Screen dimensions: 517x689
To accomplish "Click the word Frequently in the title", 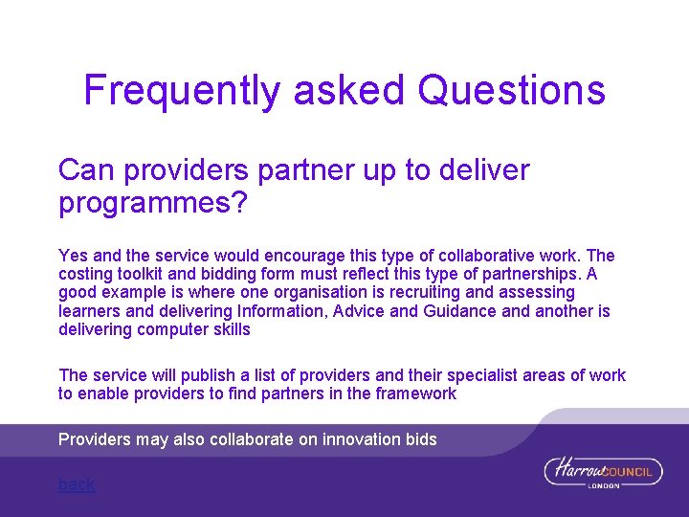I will click(x=183, y=91).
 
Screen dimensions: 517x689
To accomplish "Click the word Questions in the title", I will click(x=512, y=90).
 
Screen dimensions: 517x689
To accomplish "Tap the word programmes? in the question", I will click(x=153, y=204).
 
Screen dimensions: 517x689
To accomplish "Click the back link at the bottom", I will click(x=77, y=484).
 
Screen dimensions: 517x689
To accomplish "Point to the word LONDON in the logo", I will click(x=605, y=486).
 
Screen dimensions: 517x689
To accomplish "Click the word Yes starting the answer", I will click(x=72, y=256).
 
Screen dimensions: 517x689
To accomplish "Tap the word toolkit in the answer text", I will click(x=141, y=274).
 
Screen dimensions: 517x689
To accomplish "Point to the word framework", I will click(x=414, y=393).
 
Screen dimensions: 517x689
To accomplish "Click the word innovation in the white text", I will click(x=361, y=439).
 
